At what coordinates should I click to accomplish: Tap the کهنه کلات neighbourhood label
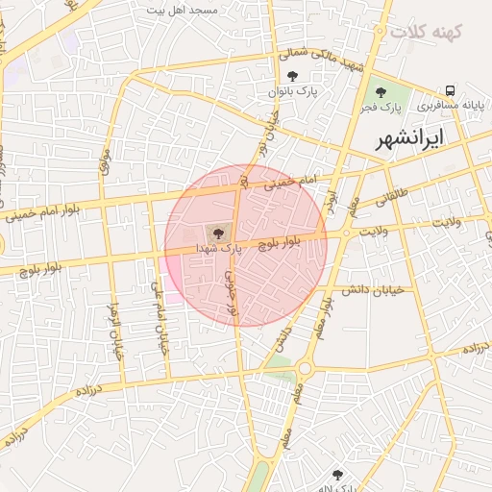coord(426,31)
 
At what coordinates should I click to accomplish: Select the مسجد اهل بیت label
coord(182,9)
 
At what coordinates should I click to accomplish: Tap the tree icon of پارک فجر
coord(382,93)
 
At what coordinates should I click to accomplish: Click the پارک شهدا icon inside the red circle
coord(217,232)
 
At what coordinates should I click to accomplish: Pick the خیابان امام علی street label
coord(160,317)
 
